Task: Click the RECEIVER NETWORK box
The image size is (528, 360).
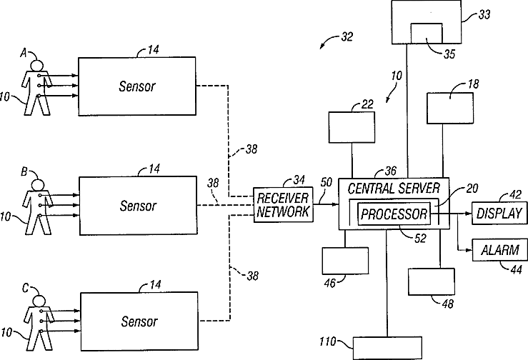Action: tap(283, 204)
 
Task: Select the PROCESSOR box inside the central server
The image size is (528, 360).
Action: tap(394, 214)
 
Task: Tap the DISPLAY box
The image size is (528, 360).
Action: tap(499, 213)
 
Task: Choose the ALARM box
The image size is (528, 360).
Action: tap(499, 250)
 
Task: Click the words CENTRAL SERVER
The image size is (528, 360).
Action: tap(394, 189)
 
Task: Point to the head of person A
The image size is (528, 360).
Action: tap(36, 65)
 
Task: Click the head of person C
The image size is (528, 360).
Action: tap(39, 301)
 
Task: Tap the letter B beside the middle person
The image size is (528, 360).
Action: tap(24, 171)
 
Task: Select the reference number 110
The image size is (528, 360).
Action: tap(328, 342)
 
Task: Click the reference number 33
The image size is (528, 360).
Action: tap(484, 14)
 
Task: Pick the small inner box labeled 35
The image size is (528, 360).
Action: tap(427, 34)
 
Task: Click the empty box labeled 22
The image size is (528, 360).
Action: tap(352, 127)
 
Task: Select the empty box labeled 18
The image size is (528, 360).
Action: tap(450, 109)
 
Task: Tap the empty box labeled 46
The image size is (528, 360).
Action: tap(345, 261)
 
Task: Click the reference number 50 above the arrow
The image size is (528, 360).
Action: tap(327, 182)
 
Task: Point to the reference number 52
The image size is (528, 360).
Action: tap(420, 239)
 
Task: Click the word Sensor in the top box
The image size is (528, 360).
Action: tap(137, 86)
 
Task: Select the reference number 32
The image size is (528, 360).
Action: tap(347, 36)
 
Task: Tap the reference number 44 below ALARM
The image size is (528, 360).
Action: tap(517, 269)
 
